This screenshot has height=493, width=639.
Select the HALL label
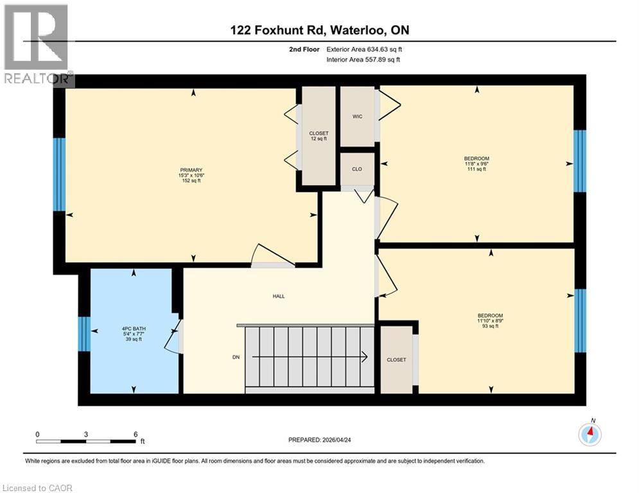tap(278, 296)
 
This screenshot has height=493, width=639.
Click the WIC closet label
tap(358, 117)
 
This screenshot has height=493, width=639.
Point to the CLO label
tap(356, 169)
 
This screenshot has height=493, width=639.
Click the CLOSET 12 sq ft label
tap(319, 136)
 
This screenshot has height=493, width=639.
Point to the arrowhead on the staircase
tap(364, 357)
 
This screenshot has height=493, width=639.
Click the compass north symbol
tap(590, 434)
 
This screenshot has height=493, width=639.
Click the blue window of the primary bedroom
tap(59, 174)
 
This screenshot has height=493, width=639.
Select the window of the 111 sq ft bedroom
tap(579, 161)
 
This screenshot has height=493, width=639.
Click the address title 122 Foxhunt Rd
tap(319, 30)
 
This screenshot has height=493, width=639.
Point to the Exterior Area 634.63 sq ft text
tap(364, 49)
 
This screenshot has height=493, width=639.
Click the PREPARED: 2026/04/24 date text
tap(319, 440)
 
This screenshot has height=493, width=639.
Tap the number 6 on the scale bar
tap(135, 434)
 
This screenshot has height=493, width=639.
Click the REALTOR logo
tap(37, 45)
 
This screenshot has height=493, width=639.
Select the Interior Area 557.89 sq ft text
tap(364, 60)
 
